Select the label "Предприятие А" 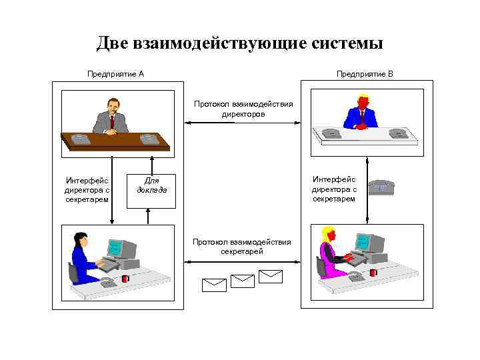coord(115,73)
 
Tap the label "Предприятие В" coord(365,73)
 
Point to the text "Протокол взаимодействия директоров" coord(243,109)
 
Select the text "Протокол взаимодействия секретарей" coord(242,247)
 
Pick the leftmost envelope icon coord(214,285)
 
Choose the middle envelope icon coord(242,281)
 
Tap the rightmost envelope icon coord(271,276)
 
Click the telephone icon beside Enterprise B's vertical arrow coord(382,187)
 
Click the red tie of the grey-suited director coord(112,121)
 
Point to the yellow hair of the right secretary coord(328,234)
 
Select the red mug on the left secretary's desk coord(125,278)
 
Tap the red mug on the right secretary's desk coord(373,272)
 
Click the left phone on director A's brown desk coord(81,139)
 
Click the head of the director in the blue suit coord(362,103)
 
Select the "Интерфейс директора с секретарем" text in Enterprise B coord(333,189)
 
